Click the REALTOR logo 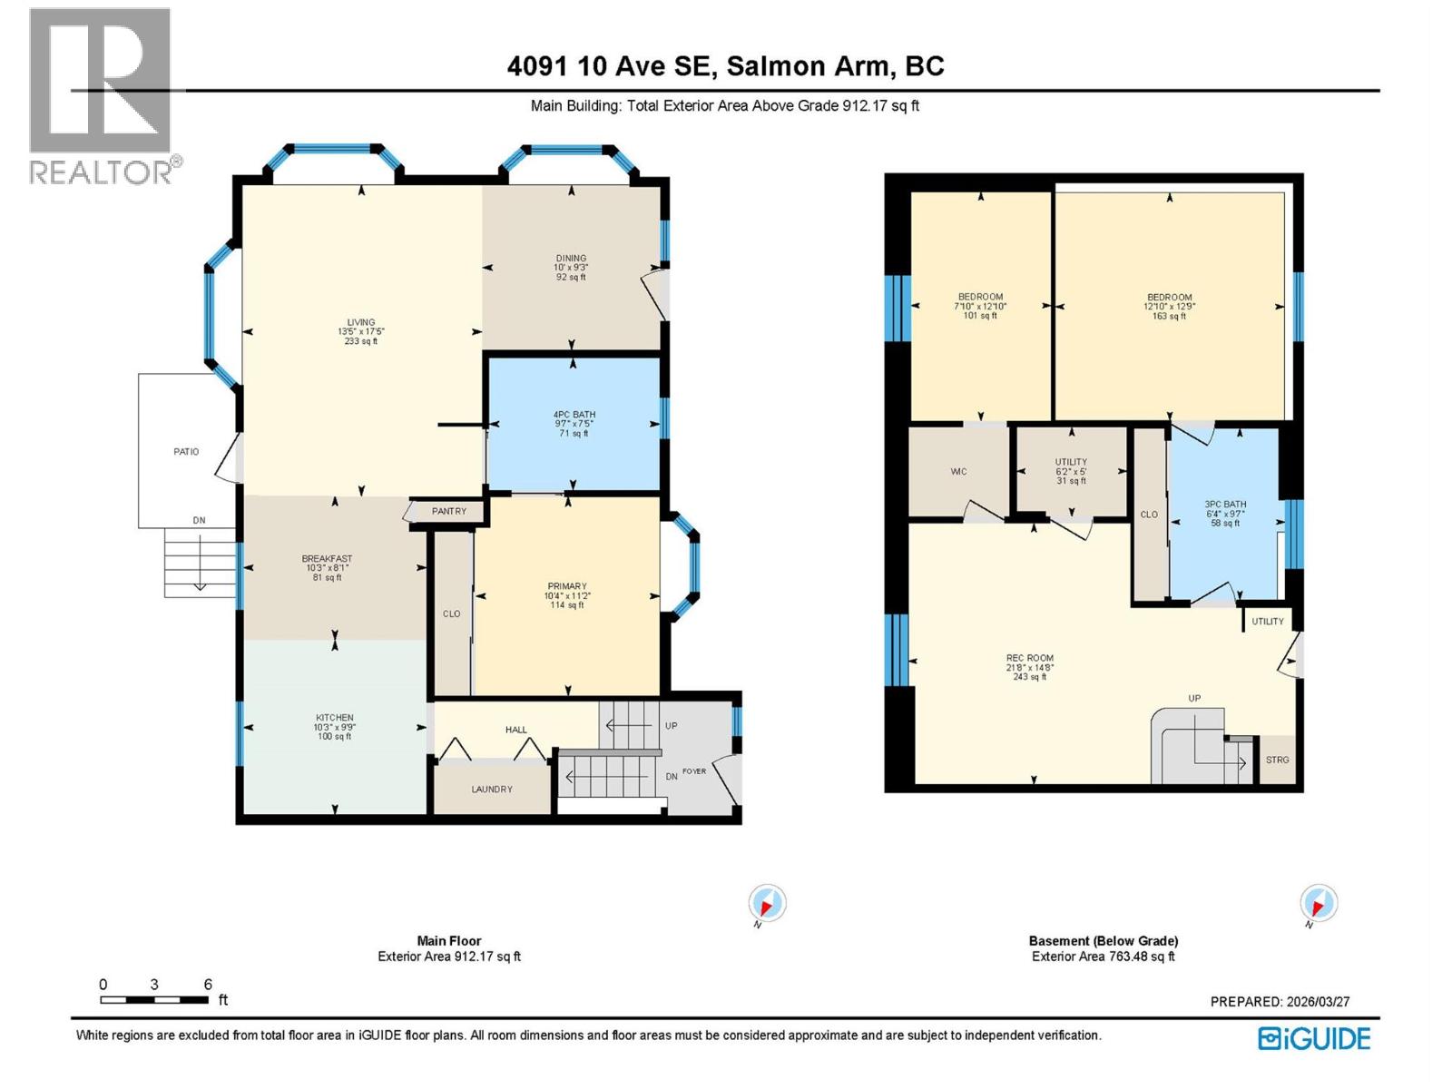pyautogui.click(x=100, y=95)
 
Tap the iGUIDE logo pyautogui.click(x=1314, y=1039)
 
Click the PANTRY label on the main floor pyautogui.click(x=449, y=511)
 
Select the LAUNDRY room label pyautogui.click(x=492, y=790)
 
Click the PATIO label pyautogui.click(x=186, y=451)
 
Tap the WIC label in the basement pyautogui.click(x=958, y=472)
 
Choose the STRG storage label pyautogui.click(x=1277, y=760)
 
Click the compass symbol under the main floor pyautogui.click(x=767, y=904)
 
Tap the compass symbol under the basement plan pyautogui.click(x=1319, y=904)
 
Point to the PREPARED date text pyautogui.click(x=1280, y=1002)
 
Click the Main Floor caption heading pyautogui.click(x=449, y=941)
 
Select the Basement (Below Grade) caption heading pyautogui.click(x=1104, y=941)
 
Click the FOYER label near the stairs pyautogui.click(x=694, y=771)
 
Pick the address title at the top pyautogui.click(x=725, y=66)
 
